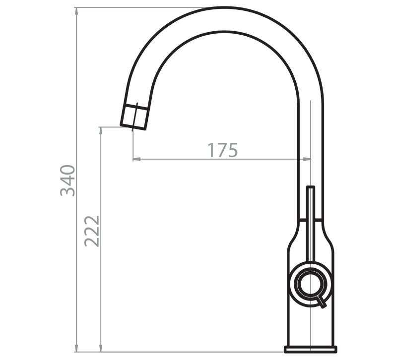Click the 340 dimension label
point(68,180)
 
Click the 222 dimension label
point(92,231)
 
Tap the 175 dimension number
point(222,150)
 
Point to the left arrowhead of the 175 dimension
point(137,159)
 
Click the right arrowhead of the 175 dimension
point(307,159)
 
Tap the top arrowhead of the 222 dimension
point(101,131)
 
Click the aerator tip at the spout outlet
point(134,117)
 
